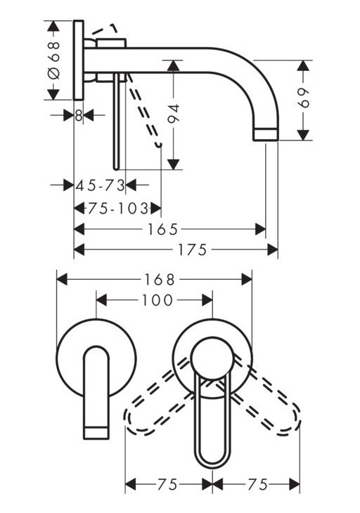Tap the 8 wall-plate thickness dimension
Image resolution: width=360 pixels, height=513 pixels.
click(x=79, y=115)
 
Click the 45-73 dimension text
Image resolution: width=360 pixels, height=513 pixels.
click(x=100, y=186)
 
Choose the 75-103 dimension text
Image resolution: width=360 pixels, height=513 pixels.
click(x=117, y=209)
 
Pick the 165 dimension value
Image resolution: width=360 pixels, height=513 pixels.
click(x=169, y=229)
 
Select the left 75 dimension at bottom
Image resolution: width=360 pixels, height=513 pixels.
click(x=169, y=484)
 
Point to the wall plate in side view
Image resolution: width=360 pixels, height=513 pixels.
click(x=79, y=62)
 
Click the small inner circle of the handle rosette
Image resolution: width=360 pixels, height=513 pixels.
click(x=212, y=351)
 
